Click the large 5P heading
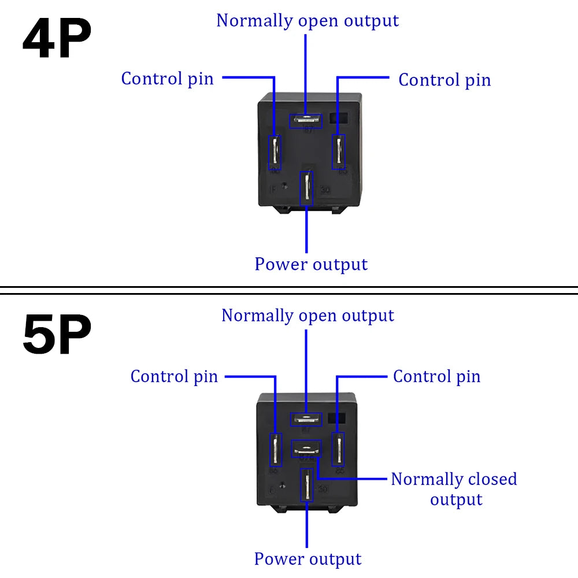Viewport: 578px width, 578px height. click(57, 336)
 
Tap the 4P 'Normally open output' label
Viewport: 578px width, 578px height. click(307, 21)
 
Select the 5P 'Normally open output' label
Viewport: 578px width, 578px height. click(307, 316)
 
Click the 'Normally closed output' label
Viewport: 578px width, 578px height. click(454, 489)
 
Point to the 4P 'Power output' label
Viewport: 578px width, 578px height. click(311, 264)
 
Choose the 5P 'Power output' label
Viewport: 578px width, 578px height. click(307, 559)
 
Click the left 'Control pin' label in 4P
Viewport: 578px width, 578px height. click(167, 79)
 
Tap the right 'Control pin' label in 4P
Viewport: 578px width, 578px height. click(444, 80)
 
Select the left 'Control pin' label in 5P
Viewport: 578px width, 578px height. click(174, 376)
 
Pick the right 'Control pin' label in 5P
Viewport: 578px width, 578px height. click(436, 376)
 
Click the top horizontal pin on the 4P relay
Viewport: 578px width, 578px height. click(307, 120)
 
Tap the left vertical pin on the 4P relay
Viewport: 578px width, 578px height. click(275, 152)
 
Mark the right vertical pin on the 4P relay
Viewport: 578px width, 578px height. click(339, 151)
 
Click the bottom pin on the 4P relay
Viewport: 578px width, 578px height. click(306, 188)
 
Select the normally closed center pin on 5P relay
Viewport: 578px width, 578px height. click(306, 448)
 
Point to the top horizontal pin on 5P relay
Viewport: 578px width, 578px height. click(306, 419)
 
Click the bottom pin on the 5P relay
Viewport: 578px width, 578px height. click(306, 486)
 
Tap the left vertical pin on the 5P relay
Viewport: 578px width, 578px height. click(276, 450)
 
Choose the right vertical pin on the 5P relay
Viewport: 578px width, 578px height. click(338, 449)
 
